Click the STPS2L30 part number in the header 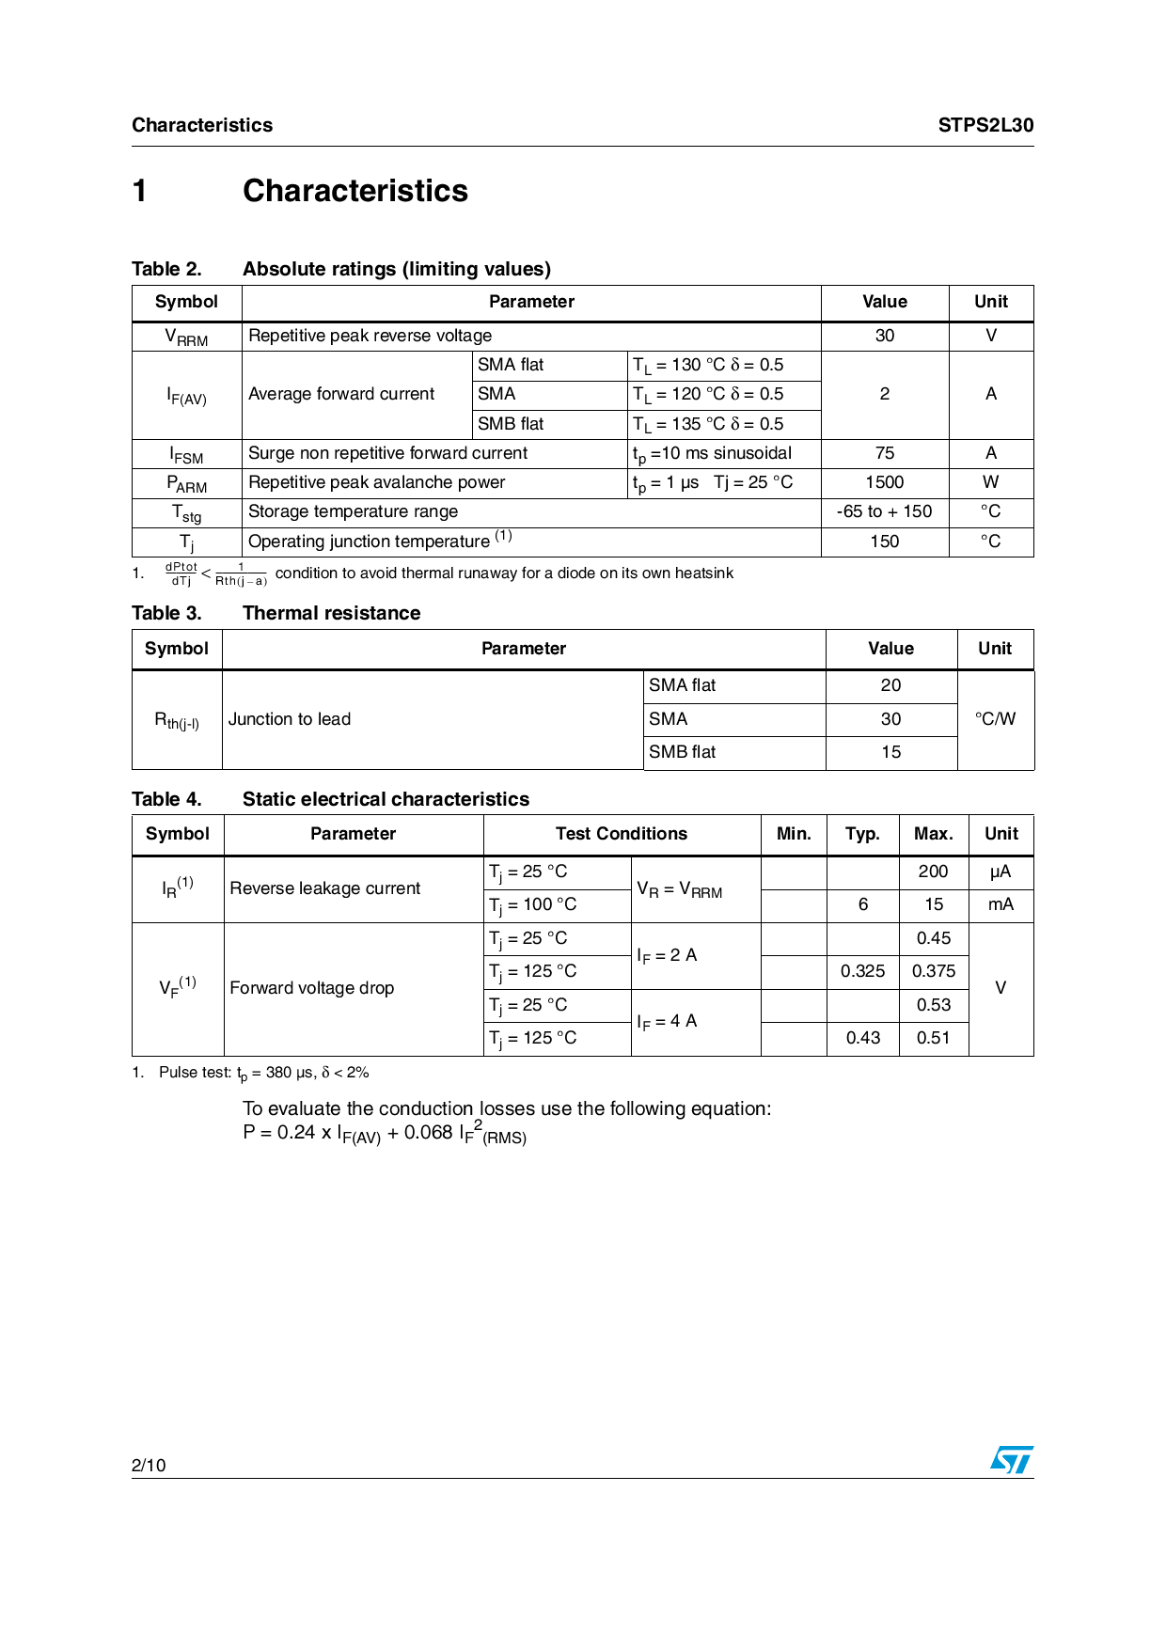985,125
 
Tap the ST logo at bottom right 1011,1459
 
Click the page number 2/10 149,1465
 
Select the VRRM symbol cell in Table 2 186,337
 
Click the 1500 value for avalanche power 884,482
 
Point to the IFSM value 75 884,453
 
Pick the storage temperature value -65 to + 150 884,511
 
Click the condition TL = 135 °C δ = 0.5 708,424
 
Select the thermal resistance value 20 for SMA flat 890,685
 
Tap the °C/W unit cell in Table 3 995,719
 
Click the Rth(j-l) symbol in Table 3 177,720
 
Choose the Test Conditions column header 621,834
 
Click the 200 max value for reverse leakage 933,872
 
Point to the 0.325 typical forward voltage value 862,971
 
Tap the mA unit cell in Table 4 1001,904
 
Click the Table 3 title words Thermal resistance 331,613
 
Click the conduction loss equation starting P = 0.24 384,1134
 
